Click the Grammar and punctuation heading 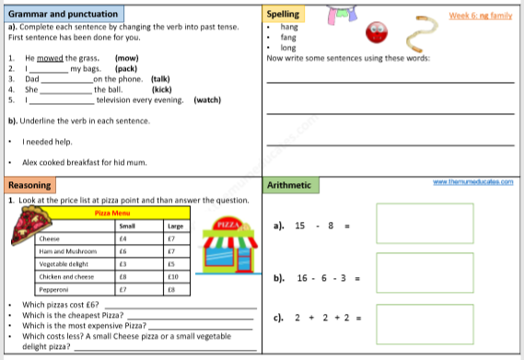[x=63, y=15]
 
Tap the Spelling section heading [x=282, y=15]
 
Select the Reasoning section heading [x=29, y=185]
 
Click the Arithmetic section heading [x=289, y=185]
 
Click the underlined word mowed [x=51, y=58]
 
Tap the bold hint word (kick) [x=162, y=89]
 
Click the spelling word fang [x=288, y=38]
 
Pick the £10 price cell [x=171, y=275]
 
